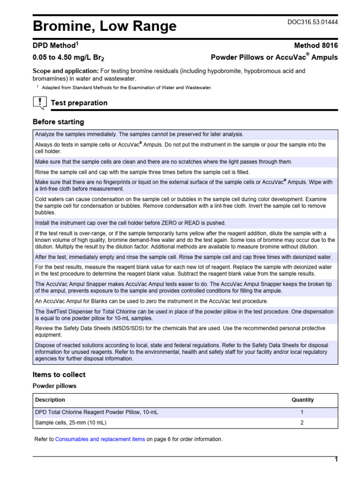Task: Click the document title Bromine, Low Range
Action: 105,27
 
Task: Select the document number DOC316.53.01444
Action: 312,22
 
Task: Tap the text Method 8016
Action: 315,45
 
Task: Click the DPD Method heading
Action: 55,45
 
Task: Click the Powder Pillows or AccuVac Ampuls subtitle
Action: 274,58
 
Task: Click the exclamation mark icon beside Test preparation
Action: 40,102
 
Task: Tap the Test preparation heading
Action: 79,103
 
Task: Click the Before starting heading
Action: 58,122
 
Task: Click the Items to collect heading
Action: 59,375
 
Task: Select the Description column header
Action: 50,400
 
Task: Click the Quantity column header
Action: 302,400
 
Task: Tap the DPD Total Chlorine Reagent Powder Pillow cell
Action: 100,412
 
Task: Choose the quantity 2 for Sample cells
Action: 302,423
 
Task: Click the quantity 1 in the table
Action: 302,412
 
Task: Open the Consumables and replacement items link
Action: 100,439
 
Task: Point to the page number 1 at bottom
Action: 336,460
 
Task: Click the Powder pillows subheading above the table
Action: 54,386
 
